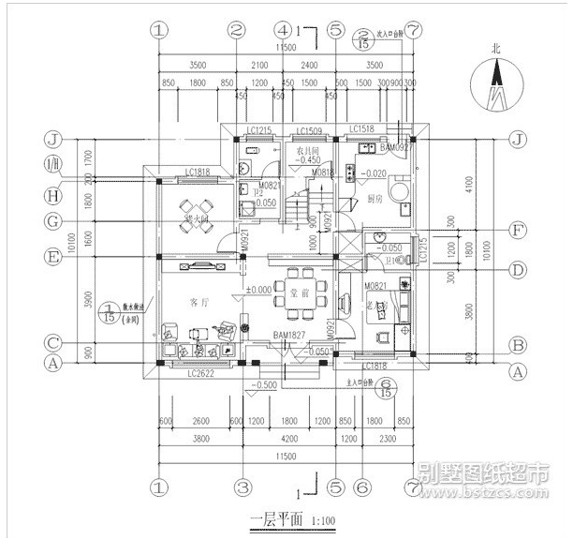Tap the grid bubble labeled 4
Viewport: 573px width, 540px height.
coord(285,30)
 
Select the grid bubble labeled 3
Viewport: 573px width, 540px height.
coord(242,487)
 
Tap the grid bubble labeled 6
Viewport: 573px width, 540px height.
coord(362,487)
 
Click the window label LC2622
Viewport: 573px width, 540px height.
coord(200,373)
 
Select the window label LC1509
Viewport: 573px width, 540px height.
coord(309,131)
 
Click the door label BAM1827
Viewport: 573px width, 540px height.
coord(289,335)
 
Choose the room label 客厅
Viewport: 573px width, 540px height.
coord(198,303)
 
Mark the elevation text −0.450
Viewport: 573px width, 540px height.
coord(308,160)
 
